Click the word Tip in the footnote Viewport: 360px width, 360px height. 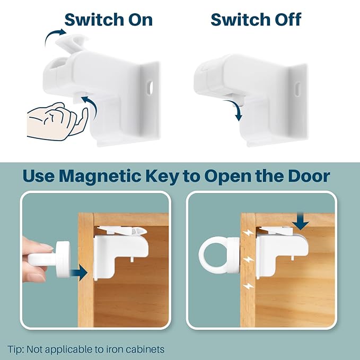15,349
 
